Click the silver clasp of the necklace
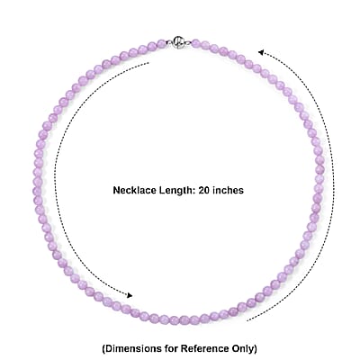[x=179, y=42]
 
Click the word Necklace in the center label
[x=130, y=190]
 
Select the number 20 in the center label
[x=203, y=190]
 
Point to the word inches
[x=228, y=190]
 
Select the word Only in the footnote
[x=245, y=349]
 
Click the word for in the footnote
[x=172, y=348]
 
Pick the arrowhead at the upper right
[x=261, y=52]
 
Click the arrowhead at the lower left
[x=130, y=295]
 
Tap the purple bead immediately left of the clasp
[x=162, y=44]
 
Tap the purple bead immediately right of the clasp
[x=195, y=43]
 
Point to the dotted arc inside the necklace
[x=55, y=180]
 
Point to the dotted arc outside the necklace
[x=334, y=180]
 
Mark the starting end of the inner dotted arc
[x=148, y=63]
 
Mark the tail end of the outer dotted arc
[x=247, y=320]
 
